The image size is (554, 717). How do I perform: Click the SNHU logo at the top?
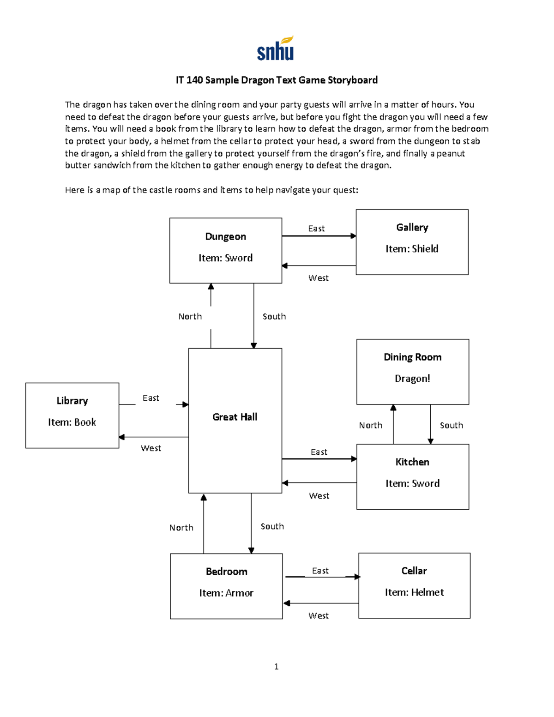276,48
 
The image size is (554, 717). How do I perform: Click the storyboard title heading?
277,80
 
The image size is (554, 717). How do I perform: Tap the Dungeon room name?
225,237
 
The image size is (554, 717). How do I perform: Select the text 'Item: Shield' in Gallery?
412,249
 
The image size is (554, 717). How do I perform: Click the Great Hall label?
235,417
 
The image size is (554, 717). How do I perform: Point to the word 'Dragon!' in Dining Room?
412,379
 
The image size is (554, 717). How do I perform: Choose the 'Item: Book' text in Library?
72,422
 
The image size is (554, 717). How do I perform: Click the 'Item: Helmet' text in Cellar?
414,592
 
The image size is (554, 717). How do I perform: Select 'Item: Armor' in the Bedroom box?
226,593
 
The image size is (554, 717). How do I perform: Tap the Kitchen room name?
412,462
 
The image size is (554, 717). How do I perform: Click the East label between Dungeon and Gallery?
316,229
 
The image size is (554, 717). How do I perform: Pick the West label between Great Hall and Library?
151,448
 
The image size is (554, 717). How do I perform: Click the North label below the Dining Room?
371,425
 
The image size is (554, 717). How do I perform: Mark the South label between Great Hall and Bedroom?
272,526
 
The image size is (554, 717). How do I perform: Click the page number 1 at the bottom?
276,666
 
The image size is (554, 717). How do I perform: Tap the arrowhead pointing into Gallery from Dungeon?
353,236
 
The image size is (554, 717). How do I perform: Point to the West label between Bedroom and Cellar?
319,615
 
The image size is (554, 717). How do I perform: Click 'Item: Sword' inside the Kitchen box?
412,483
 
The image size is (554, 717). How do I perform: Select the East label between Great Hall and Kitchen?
319,452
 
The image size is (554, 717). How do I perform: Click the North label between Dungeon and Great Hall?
190,316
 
